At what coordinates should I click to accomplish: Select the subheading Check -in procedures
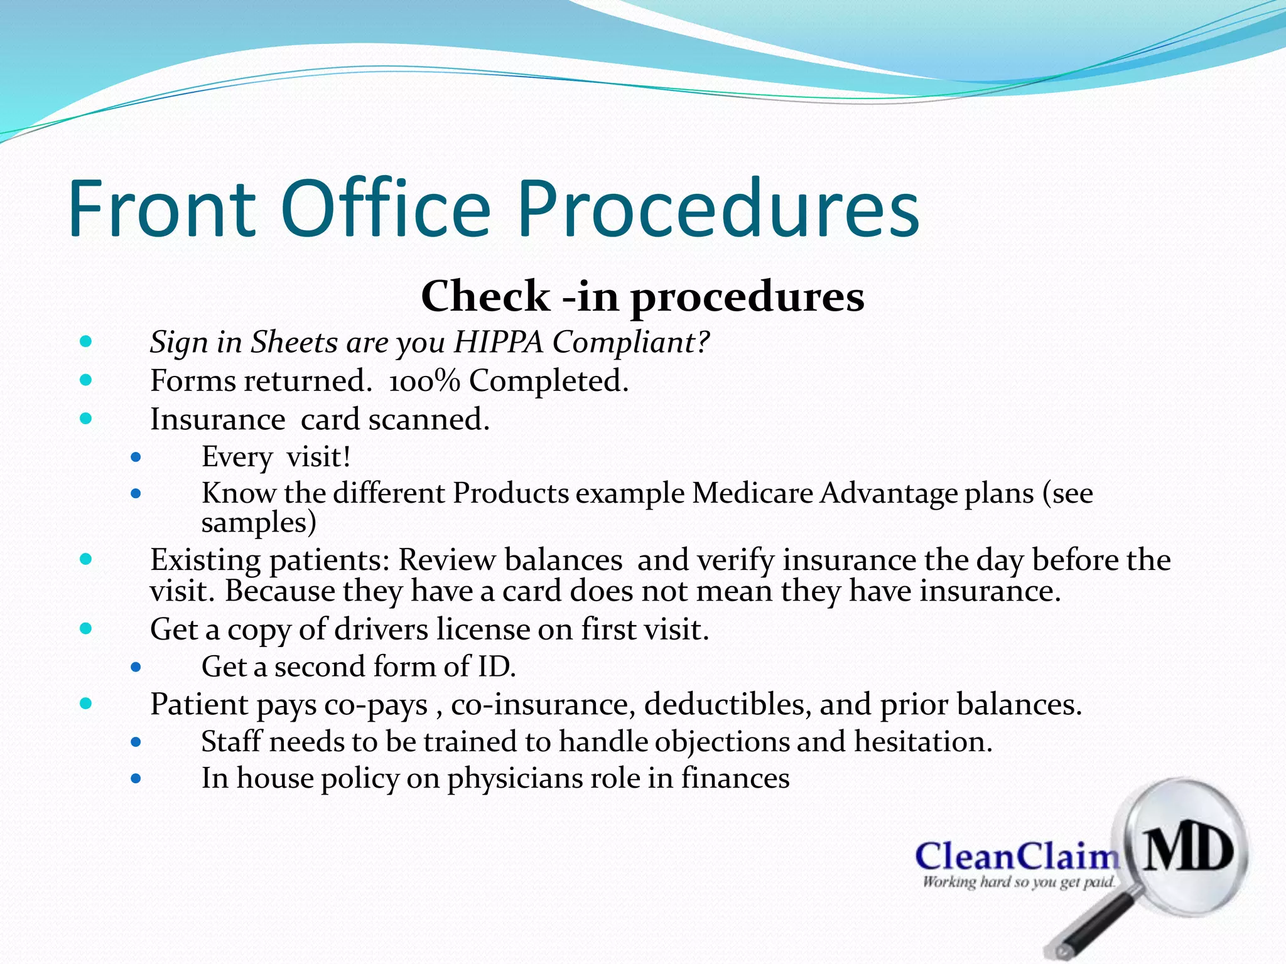click(x=642, y=296)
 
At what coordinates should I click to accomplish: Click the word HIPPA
click(x=498, y=342)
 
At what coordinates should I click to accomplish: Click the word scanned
click(x=429, y=419)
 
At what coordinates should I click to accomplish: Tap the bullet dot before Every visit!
click(x=136, y=458)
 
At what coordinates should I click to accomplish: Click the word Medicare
click(x=752, y=493)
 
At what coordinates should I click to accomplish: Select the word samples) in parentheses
click(x=259, y=523)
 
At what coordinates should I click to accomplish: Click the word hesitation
click(x=923, y=742)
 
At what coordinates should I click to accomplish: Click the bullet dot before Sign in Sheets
click(x=86, y=342)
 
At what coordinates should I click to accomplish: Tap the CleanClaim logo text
click(x=1017, y=857)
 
